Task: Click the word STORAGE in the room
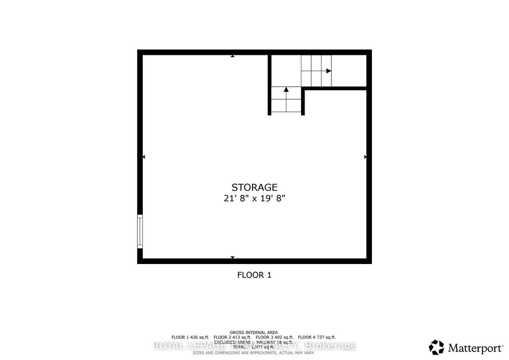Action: [x=254, y=187]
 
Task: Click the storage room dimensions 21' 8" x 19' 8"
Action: [x=254, y=199]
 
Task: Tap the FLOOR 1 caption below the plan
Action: [x=254, y=275]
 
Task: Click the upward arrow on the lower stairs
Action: [x=286, y=89]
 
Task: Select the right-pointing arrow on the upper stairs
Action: [x=328, y=71]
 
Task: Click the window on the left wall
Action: [x=139, y=231]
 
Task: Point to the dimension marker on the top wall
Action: [x=233, y=56]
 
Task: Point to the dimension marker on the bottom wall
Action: [x=232, y=258]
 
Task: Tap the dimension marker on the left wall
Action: [x=143, y=157]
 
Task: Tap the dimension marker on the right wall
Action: [x=365, y=157]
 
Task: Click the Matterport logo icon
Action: [x=436, y=346]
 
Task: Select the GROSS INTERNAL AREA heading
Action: [x=254, y=332]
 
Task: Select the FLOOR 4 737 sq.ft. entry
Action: [x=317, y=337]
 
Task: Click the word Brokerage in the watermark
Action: [x=331, y=346]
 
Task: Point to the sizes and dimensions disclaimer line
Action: [x=254, y=353]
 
